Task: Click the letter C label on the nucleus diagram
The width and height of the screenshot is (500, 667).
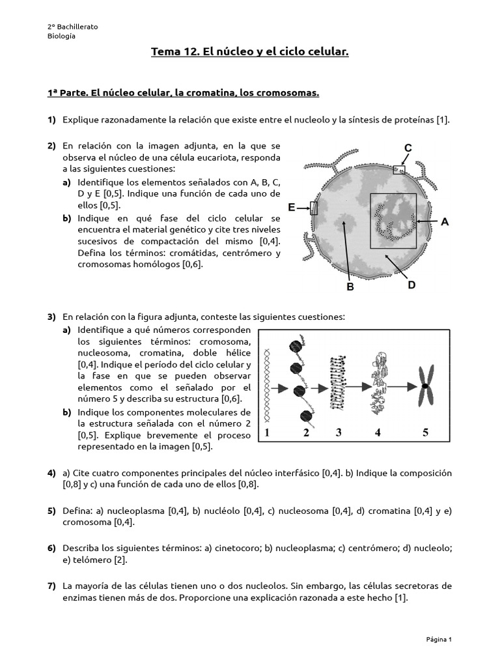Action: (408, 149)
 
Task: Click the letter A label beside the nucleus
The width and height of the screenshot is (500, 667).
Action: (445, 222)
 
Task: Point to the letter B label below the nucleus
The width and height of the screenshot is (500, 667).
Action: (350, 287)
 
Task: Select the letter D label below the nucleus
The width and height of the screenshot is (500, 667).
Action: (411, 285)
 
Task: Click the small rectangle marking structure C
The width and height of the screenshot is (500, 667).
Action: (398, 169)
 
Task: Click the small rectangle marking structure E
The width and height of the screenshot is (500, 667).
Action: (314, 208)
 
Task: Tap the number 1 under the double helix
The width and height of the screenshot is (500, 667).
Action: (267, 433)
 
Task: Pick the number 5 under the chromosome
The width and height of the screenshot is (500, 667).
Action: (425, 433)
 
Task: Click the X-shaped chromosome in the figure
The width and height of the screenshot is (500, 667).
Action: (425, 386)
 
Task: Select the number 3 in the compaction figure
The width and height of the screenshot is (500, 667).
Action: (339, 433)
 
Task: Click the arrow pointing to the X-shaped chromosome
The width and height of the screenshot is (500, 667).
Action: (403, 386)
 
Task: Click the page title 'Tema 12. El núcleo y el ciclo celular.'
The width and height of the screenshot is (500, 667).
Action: (250, 51)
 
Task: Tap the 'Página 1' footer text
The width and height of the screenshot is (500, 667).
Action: (439, 639)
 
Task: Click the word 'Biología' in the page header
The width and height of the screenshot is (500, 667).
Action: (61, 36)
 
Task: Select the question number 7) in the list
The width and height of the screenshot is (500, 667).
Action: (51, 586)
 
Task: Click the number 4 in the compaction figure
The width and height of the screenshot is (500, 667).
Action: (378, 433)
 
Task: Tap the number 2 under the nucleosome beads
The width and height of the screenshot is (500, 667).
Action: (305, 433)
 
